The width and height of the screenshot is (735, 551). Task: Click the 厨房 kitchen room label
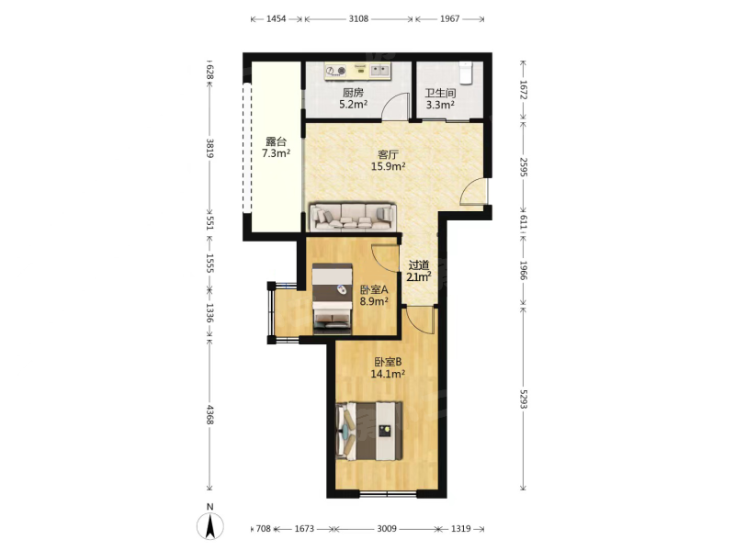coord(353,93)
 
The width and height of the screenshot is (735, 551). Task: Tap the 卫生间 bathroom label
coord(440,94)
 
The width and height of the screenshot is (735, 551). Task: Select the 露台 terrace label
coord(276,141)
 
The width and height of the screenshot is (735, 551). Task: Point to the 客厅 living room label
coord(388,154)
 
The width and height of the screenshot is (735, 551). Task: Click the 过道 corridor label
coord(419,265)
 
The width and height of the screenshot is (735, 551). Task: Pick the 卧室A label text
coord(374,290)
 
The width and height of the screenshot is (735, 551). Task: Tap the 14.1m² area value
coord(388,374)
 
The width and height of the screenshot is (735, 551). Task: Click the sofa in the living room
coord(353,218)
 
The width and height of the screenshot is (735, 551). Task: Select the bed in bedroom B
coord(369,431)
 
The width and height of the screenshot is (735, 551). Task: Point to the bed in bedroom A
coord(333,299)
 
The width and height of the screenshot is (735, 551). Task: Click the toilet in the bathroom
coord(465,73)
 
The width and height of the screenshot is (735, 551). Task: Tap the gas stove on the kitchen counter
coord(336,71)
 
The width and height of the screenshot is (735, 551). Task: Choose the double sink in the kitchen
coord(379,71)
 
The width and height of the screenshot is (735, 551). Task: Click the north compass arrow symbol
coord(210,525)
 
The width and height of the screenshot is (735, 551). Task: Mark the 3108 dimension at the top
coord(358,18)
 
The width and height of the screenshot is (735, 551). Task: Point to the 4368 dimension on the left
coord(210,415)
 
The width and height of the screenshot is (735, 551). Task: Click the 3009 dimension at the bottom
coord(387,529)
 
